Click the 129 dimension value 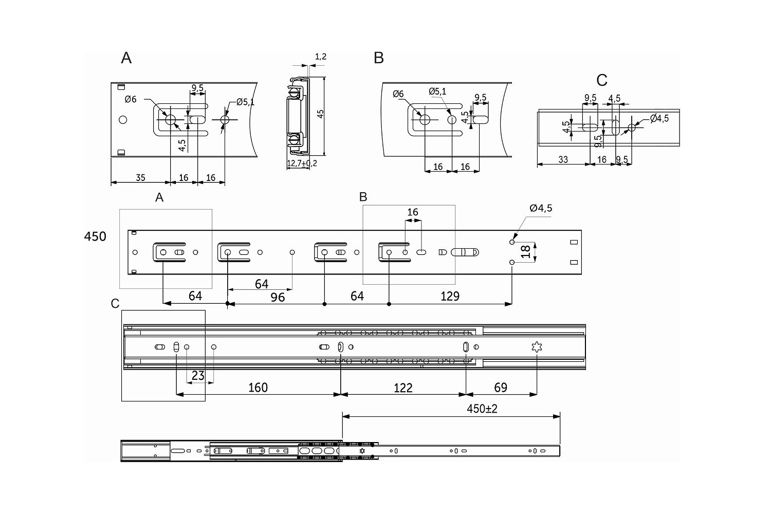pos(450,296)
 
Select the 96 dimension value pos(278,298)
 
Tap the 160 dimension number pos(258,388)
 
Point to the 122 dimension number pos(402,388)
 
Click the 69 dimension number pos(501,388)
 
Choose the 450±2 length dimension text pos(482,409)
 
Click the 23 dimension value pos(198,375)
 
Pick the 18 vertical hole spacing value pos(526,252)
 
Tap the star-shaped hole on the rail pos(537,346)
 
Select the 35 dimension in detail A pos(140,178)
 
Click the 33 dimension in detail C pos(563,159)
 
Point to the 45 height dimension pos(320,114)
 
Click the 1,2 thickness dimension pos(320,57)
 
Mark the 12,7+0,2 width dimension pos(302,163)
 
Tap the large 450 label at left pos(95,236)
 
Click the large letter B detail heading pos(379,58)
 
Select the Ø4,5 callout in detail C pos(659,118)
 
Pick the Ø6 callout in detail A pos(131,99)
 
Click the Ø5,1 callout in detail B pos(437,91)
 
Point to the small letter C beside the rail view pos(115,303)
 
